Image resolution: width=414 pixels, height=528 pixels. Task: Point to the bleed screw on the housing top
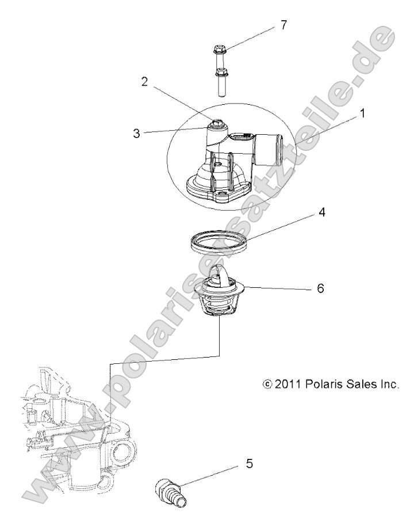point(218,123)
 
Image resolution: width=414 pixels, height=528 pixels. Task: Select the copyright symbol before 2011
point(266,384)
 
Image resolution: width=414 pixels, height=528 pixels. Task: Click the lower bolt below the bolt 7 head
point(219,81)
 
